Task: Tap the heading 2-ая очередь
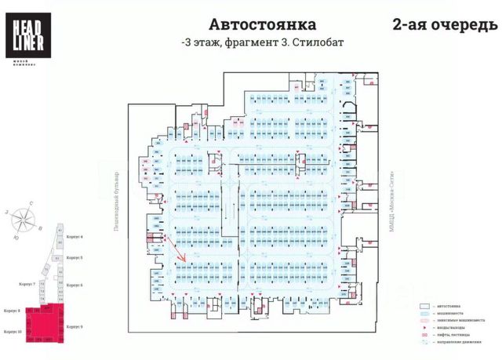pyautogui.click(x=443, y=26)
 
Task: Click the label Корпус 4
pyautogui.click(x=75, y=236)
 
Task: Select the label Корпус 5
pyautogui.click(x=75, y=257)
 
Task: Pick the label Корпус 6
pyautogui.click(x=75, y=285)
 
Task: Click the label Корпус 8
pyautogui.click(x=11, y=310)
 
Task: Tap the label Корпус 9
pyautogui.click(x=75, y=325)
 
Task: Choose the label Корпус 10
pyautogui.click(x=12, y=332)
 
